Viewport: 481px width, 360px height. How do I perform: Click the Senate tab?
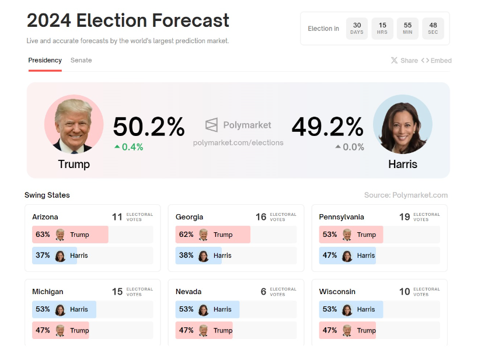point(81,60)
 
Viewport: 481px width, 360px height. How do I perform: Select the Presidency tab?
point(45,60)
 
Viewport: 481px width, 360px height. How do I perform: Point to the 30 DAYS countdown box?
point(357,28)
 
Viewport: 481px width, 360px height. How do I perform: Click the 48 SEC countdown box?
point(433,28)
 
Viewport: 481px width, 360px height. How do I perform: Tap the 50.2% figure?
point(148,127)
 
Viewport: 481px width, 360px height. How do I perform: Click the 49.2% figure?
point(327,127)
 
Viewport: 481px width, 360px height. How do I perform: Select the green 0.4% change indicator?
point(129,147)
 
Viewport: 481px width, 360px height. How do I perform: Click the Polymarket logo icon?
point(211,125)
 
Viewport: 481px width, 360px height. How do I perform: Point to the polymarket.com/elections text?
point(238,142)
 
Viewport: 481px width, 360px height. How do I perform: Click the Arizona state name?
point(46,217)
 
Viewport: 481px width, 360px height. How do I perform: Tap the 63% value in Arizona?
point(43,235)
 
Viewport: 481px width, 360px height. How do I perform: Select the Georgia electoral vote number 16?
point(261,217)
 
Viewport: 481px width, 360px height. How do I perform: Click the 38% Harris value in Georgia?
point(186,256)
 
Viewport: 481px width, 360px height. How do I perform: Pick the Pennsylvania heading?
point(341,217)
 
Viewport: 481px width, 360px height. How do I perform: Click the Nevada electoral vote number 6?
point(263,292)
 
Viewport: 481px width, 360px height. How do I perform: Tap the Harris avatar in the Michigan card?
point(60,310)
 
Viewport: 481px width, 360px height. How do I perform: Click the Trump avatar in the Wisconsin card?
point(347,330)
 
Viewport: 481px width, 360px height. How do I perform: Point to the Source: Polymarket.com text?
point(406,195)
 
